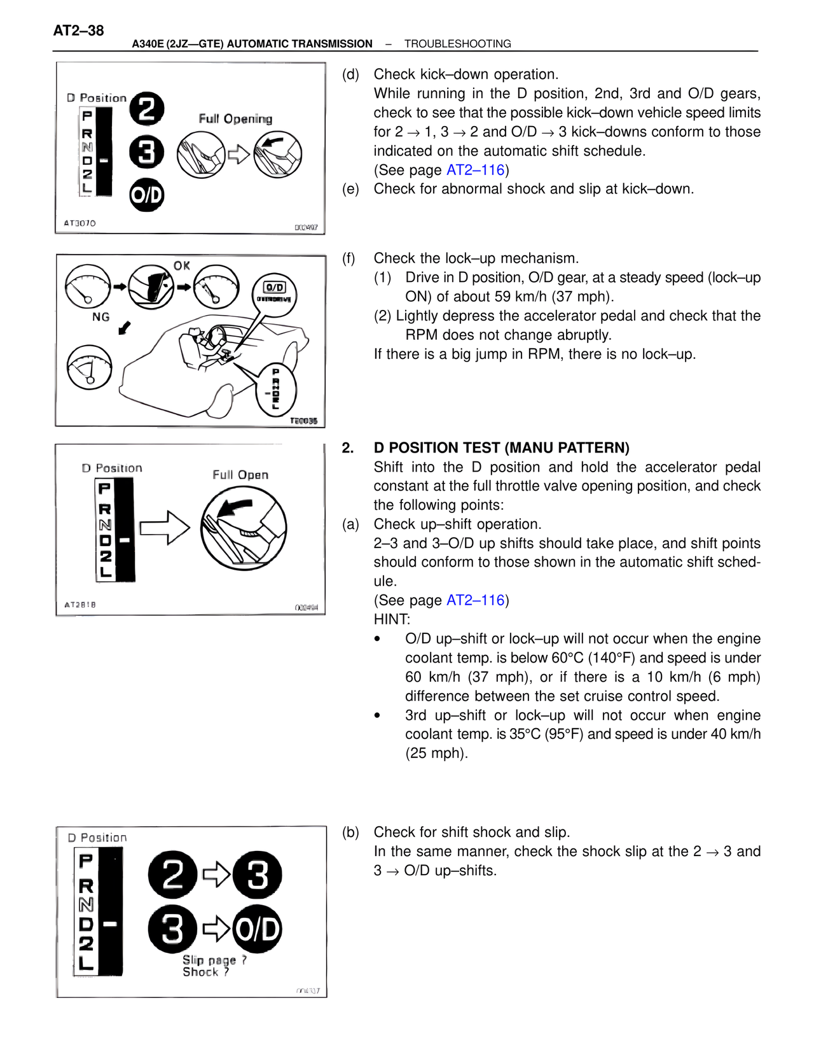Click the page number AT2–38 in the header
tap(78, 31)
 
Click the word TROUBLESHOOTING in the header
tap(457, 44)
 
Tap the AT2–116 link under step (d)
tap(475, 170)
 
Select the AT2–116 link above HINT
tap(475, 600)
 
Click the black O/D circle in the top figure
tap(147, 195)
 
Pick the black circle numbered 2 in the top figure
tap(147, 109)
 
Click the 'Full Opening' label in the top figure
tap(235, 119)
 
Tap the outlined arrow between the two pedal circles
tap(238, 155)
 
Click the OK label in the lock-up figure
tap(182, 265)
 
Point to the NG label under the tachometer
tap(100, 317)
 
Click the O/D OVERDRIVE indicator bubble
tap(274, 293)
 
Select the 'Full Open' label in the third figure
tap(240, 475)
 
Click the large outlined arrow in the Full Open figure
tap(165, 528)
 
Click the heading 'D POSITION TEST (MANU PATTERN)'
tap(501, 447)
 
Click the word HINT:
tap(392, 619)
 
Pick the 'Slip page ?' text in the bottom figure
tap(214, 960)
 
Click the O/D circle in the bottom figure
tap(258, 929)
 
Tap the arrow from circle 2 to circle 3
tap(216, 875)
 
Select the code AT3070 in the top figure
tap(80, 223)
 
